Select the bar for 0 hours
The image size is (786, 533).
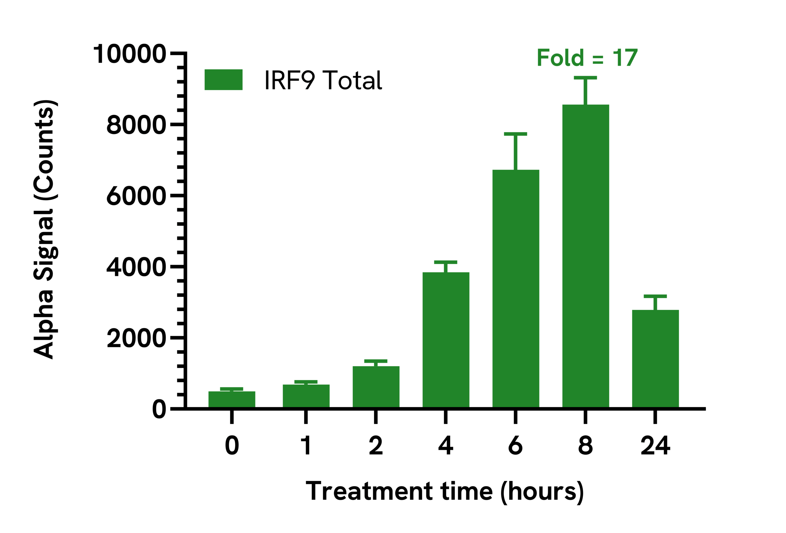(x=232, y=400)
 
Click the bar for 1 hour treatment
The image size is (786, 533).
(x=306, y=396)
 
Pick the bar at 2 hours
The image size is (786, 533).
(x=376, y=387)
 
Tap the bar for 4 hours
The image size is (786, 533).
(x=446, y=340)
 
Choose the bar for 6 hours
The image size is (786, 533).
(x=516, y=289)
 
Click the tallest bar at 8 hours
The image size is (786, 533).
(x=586, y=256)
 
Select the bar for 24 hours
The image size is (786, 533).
(x=656, y=359)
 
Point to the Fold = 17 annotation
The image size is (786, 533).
(x=587, y=58)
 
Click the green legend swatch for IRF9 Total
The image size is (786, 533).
(x=224, y=80)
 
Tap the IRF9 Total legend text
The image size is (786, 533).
(x=323, y=80)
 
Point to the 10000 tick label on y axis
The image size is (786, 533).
(x=130, y=54)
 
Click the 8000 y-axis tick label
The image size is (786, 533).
(x=136, y=125)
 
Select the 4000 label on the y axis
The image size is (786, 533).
(x=136, y=267)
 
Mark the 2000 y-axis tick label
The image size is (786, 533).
(x=136, y=338)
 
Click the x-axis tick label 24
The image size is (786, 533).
(x=656, y=445)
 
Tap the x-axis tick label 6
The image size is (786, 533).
(x=516, y=445)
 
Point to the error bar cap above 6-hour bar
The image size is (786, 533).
(x=516, y=134)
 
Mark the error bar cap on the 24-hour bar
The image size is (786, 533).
(x=656, y=296)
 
